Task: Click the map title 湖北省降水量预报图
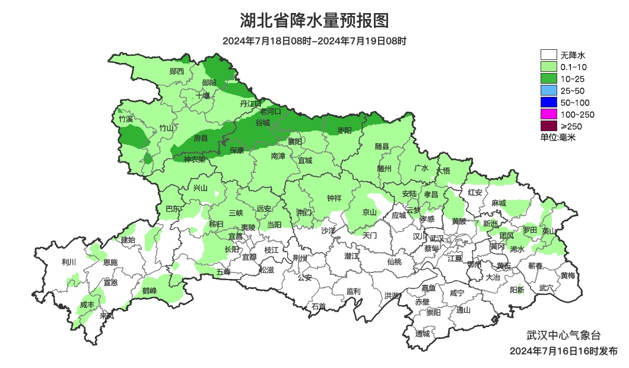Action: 314,21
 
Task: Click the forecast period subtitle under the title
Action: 314,41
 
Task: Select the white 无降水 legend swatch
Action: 549,55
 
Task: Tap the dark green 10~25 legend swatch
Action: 549,79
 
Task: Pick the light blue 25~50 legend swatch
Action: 549,90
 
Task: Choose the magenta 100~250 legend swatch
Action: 549,114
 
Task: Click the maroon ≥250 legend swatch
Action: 549,126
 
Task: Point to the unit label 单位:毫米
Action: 558,137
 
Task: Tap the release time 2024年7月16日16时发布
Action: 563,351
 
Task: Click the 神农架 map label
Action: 194,159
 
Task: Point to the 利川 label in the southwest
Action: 69,262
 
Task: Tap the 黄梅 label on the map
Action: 567,275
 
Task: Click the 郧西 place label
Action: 177,71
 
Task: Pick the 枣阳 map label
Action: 344,130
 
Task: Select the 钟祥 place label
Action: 335,198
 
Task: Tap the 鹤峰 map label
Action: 150,291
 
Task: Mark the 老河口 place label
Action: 274,111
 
